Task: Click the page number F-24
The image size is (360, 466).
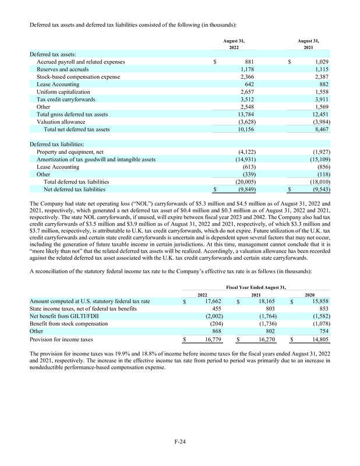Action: click(179, 443)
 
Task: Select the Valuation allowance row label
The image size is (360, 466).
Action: click(58, 122)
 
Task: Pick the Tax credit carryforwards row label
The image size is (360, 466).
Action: click(63, 99)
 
